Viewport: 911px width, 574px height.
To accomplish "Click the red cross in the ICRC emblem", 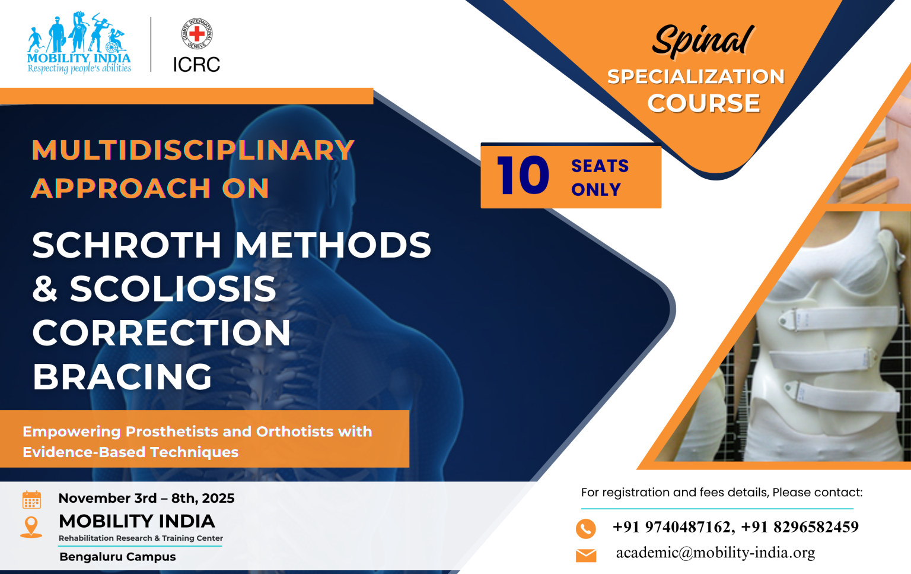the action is [x=197, y=33].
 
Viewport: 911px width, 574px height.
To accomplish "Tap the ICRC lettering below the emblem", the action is [x=196, y=64].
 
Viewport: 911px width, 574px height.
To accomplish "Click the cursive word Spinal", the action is [x=703, y=41].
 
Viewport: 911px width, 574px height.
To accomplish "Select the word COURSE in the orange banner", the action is [x=703, y=103].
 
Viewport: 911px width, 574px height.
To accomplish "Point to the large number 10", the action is [x=523, y=176].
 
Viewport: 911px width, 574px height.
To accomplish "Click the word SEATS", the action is [x=600, y=166].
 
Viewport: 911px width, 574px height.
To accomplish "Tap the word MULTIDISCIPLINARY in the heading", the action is [x=193, y=150].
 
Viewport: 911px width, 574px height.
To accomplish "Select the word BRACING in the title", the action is [x=122, y=376].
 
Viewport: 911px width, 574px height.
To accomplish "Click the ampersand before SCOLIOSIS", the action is [x=44, y=288].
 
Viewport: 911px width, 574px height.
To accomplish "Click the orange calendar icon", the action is [x=31, y=499].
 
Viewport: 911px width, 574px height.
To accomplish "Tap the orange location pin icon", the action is [x=31, y=527].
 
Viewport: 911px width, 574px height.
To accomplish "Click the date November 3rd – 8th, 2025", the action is [x=146, y=498].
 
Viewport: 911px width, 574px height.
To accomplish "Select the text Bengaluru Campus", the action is [x=117, y=557].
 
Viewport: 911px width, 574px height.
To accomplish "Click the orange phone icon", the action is [x=585, y=528].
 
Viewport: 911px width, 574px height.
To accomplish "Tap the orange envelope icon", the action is [x=586, y=555].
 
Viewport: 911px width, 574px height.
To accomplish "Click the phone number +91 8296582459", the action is [x=799, y=527].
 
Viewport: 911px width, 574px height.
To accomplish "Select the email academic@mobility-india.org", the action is [x=715, y=553].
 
